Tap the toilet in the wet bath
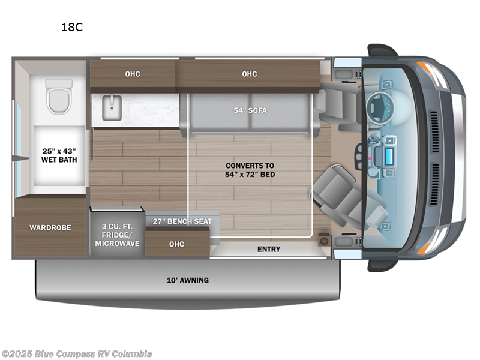[x=59, y=96]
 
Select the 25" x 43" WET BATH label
[x=59, y=155]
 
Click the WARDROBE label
[x=50, y=228]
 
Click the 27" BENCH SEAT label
[x=182, y=221]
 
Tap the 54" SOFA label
[x=250, y=110]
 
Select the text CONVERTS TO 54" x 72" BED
[x=250, y=170]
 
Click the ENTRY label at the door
[x=269, y=249]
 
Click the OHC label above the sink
[x=133, y=74]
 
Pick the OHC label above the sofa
[x=250, y=74]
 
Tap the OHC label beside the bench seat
[x=176, y=244]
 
